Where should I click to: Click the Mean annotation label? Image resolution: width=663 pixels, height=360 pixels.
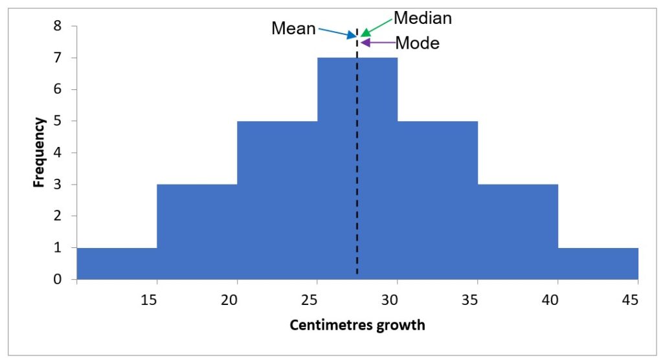(x=293, y=28)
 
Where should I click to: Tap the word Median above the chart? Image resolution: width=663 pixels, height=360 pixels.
(x=423, y=18)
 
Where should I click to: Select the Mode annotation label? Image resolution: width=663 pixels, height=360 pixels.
(x=417, y=43)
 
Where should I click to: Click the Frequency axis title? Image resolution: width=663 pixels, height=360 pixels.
(x=39, y=152)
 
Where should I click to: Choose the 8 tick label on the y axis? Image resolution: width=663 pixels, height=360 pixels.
(x=58, y=27)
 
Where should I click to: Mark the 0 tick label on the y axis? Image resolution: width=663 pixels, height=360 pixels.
(x=58, y=280)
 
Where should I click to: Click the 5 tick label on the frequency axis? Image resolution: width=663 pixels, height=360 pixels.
(x=58, y=121)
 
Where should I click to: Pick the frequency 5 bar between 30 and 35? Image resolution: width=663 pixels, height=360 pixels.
(x=438, y=200)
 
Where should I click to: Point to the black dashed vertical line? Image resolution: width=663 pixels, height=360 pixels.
(x=357, y=194)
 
